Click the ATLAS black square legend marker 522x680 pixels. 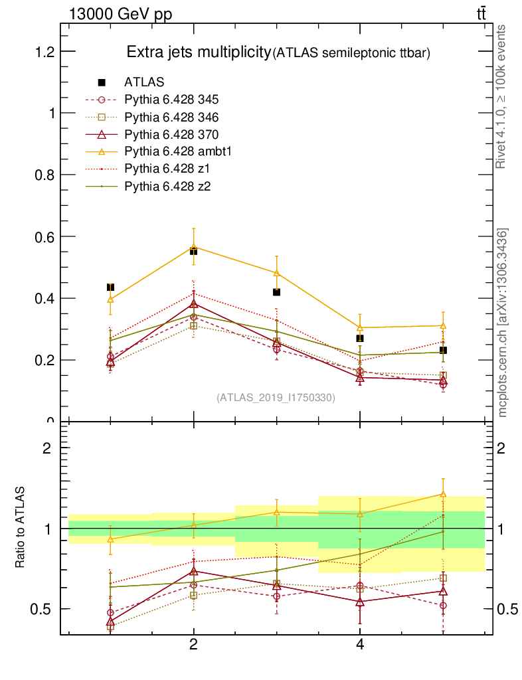(x=102, y=82)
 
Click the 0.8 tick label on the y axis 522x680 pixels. (x=40, y=175)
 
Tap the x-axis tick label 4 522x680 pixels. (x=360, y=645)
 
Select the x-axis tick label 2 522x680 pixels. (x=193, y=645)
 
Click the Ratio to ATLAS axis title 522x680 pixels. (x=21, y=528)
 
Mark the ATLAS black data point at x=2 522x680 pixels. (x=193, y=251)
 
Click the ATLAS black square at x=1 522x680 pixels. (x=110, y=287)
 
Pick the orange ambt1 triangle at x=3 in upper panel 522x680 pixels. (x=276, y=273)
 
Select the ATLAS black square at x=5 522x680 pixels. (x=443, y=350)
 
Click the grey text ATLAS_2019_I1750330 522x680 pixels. (x=276, y=398)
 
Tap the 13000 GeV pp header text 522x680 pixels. (x=120, y=15)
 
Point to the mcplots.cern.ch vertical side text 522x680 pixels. (x=503, y=322)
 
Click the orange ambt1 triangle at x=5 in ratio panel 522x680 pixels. (x=443, y=494)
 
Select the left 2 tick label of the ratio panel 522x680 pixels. (x=47, y=448)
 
